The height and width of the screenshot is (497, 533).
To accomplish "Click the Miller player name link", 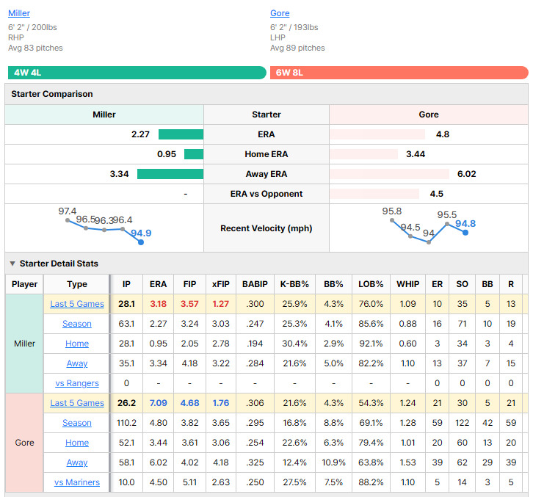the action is tap(19, 13).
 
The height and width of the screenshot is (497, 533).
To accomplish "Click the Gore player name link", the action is tap(280, 13).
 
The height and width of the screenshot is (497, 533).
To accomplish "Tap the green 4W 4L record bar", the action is tap(137, 73).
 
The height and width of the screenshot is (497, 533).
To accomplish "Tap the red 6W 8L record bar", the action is tap(399, 73).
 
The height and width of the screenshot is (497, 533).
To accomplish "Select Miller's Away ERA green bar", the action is tap(170, 174).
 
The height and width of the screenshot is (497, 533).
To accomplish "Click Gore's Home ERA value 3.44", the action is tap(416, 154).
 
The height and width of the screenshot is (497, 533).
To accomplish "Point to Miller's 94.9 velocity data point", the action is tap(141, 242).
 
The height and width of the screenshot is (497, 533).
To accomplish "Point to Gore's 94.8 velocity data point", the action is tap(465, 233).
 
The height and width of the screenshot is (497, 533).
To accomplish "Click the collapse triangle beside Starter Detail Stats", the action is tap(12, 264).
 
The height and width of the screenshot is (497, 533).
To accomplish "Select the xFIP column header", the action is tap(221, 284).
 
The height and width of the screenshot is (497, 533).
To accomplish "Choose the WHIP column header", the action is tap(408, 284).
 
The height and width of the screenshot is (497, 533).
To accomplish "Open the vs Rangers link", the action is tap(77, 383).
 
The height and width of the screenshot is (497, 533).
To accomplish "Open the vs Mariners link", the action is tap(77, 482).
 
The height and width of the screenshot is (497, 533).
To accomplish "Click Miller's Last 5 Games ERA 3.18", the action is tap(158, 304).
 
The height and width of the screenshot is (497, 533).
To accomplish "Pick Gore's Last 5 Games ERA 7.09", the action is tap(158, 403).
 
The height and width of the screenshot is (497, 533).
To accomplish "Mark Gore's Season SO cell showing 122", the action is tap(463, 423).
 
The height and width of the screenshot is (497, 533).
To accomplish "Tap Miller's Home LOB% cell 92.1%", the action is tap(371, 344).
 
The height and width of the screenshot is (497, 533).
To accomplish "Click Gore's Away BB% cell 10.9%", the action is tap(333, 462).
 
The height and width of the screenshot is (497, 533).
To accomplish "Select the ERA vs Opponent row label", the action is tap(266, 194).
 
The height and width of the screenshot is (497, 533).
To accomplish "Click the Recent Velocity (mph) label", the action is tap(266, 228).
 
